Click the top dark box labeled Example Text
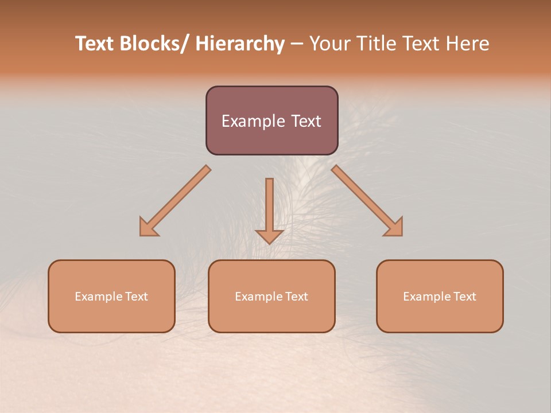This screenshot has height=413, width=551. click(271, 120)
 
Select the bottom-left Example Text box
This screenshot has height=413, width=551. click(111, 296)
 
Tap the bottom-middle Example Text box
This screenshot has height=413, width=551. click(271, 296)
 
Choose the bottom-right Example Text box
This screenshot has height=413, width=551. click(440, 296)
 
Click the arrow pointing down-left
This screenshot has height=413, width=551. click(175, 201)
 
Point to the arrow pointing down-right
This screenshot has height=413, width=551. click(367, 201)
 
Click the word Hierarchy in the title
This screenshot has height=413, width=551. click(240, 44)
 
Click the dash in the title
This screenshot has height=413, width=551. click(297, 44)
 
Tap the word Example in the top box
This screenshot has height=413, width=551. click(247, 121)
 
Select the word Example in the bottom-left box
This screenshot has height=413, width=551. click(98, 297)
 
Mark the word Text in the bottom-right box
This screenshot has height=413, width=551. click(465, 297)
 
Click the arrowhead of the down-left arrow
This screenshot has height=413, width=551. click(148, 228)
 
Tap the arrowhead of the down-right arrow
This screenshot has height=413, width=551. click(394, 228)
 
